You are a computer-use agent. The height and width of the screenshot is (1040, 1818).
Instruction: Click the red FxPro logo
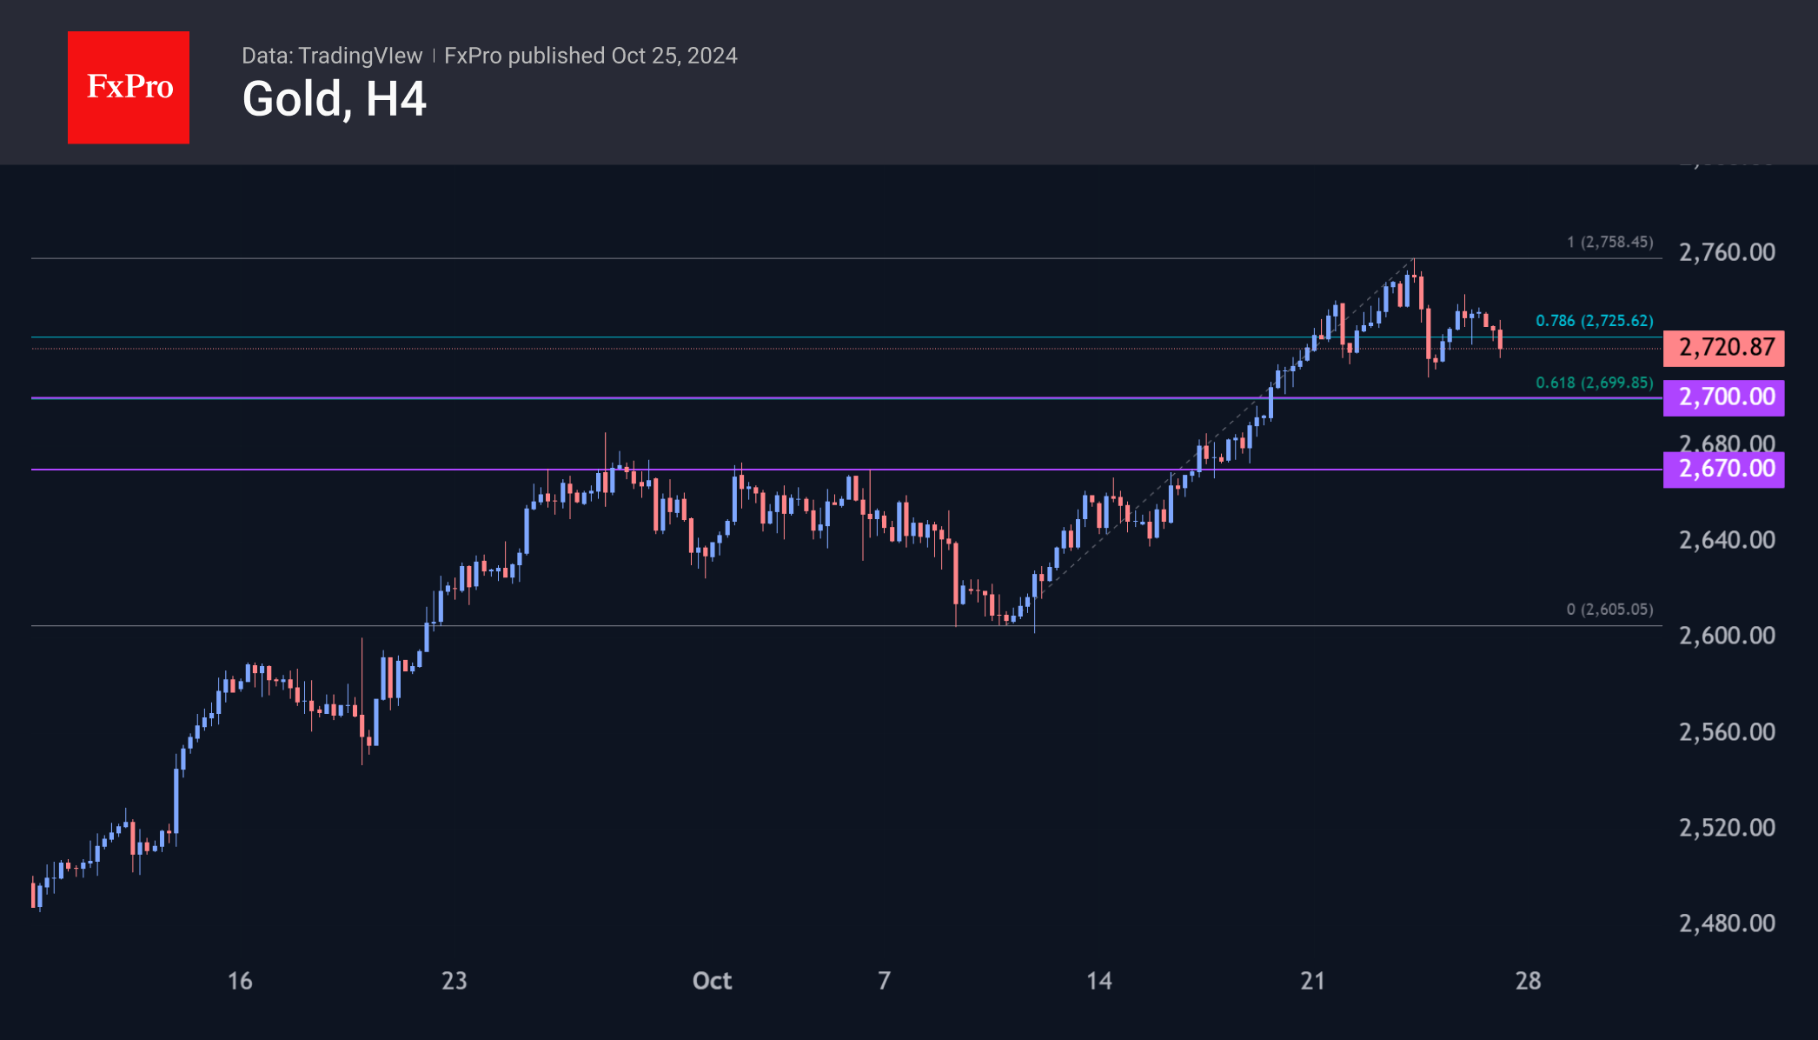click(129, 87)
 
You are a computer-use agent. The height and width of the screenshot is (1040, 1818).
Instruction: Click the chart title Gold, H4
click(334, 99)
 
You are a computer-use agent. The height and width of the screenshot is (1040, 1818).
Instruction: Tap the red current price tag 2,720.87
click(1724, 348)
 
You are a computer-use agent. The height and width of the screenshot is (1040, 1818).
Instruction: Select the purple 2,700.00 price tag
click(1724, 397)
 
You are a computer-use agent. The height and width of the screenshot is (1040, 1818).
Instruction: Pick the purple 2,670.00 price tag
click(1724, 470)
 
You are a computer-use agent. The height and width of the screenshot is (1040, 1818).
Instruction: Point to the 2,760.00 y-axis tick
click(1727, 252)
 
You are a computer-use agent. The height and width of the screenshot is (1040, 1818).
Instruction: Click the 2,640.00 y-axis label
click(1727, 540)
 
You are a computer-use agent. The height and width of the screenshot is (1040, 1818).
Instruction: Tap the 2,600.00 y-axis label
click(1727, 636)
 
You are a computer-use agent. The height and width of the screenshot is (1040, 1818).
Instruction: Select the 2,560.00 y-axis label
click(1727, 732)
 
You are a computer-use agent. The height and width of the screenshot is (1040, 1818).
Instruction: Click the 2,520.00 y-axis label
click(1727, 828)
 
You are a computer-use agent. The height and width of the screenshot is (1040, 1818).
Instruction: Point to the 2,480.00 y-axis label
click(1727, 923)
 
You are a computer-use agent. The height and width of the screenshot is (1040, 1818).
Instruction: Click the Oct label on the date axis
click(712, 981)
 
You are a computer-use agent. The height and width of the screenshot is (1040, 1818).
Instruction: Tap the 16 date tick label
click(240, 981)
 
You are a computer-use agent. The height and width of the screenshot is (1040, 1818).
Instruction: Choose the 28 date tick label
click(1528, 981)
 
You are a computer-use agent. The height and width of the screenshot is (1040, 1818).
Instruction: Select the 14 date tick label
click(1099, 981)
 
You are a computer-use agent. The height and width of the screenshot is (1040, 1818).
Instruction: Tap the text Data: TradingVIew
click(332, 56)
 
